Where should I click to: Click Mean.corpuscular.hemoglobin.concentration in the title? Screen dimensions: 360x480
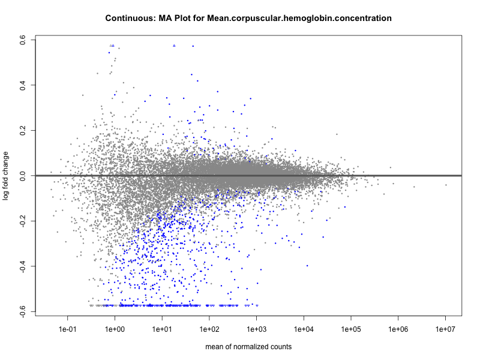[299, 19]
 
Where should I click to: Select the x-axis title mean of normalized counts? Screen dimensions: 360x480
[248, 347]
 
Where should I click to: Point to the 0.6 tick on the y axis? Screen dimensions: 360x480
[22, 40]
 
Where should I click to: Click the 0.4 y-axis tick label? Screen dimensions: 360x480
[22, 85]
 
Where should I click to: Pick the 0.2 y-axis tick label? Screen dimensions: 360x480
[22, 130]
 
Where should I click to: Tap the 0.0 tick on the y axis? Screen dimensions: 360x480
[22, 176]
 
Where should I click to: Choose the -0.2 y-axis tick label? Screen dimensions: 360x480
[22, 221]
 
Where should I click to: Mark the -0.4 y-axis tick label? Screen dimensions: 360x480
[22, 266]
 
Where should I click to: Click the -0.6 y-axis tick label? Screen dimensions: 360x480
[22, 311]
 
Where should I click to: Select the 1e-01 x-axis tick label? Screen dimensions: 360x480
[67, 328]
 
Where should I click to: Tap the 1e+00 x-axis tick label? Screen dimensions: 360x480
[115, 328]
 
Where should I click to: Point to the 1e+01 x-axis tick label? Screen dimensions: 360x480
[162, 328]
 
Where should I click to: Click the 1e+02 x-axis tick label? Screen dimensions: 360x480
[209, 328]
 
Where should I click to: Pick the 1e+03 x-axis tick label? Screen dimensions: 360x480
[257, 328]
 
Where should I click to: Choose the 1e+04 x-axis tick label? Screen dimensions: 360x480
[304, 328]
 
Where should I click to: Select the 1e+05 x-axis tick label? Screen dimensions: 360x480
[351, 328]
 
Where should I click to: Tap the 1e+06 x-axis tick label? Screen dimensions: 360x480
[398, 328]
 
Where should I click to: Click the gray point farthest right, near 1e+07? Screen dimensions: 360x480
[446, 185]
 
